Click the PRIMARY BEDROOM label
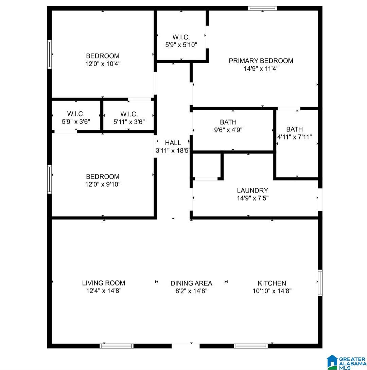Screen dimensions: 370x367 [x=261, y=61]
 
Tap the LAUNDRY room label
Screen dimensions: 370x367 [x=252, y=191]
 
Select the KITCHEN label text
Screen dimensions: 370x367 [x=272, y=283]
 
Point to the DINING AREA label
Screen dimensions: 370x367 [x=191, y=283]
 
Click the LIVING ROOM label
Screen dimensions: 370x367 [x=103, y=283]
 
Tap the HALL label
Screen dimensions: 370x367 [x=173, y=143]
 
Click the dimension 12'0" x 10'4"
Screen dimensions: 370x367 [x=103, y=63]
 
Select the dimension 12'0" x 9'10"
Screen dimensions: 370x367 [x=103, y=184]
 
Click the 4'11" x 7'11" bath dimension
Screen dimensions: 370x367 [x=294, y=137]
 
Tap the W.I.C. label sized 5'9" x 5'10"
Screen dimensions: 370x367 [x=181, y=37]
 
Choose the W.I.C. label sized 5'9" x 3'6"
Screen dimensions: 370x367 [x=76, y=114]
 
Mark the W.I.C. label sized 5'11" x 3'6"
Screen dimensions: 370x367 [x=129, y=114]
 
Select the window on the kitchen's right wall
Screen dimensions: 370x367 [x=320, y=283]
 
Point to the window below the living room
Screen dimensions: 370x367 [x=117, y=346]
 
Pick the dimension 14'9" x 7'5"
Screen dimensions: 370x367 [x=252, y=198]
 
